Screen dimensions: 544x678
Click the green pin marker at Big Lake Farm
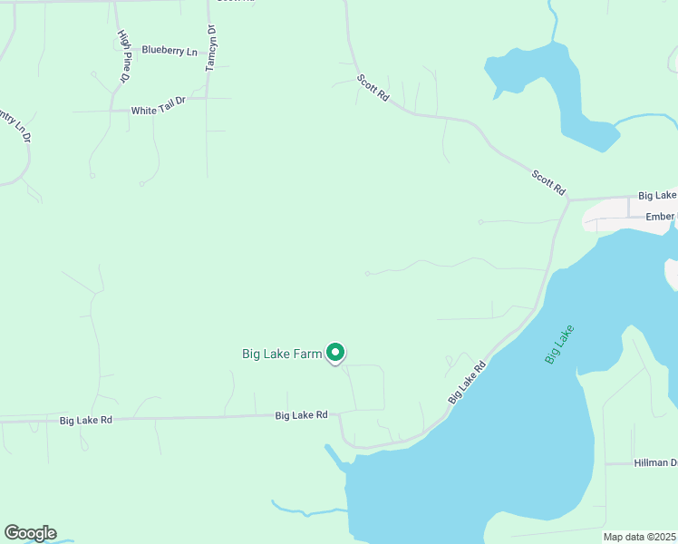click(x=335, y=352)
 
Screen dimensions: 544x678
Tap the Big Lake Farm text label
click(x=282, y=354)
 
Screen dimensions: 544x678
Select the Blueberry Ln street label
click(x=169, y=52)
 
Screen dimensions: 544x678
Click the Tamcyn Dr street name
click(x=211, y=48)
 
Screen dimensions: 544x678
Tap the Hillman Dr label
click(x=654, y=462)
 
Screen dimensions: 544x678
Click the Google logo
click(x=30, y=533)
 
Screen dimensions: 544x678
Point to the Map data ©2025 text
click(x=639, y=537)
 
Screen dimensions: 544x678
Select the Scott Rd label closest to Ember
click(x=548, y=182)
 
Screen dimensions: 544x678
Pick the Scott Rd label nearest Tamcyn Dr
click(x=373, y=88)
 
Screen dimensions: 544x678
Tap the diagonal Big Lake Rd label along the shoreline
click(x=467, y=382)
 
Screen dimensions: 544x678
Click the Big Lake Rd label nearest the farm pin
click(x=301, y=414)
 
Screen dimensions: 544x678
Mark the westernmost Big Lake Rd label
click(x=85, y=420)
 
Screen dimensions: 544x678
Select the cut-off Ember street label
click(x=661, y=217)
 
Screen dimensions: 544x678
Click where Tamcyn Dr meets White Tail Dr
click(x=208, y=98)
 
